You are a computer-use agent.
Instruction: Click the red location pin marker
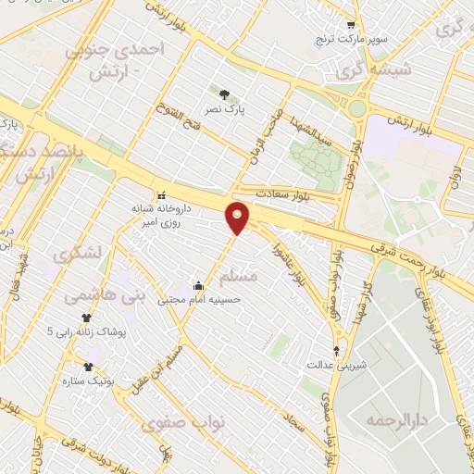pos(238,217)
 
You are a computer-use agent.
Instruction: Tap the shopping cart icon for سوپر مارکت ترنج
pos(350,25)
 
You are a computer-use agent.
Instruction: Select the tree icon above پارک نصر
pos(223,94)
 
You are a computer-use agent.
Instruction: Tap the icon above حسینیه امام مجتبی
pos(198,285)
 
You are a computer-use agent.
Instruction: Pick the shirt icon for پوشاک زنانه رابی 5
pos(86,318)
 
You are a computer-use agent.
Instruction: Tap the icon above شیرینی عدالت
pos(336,351)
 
